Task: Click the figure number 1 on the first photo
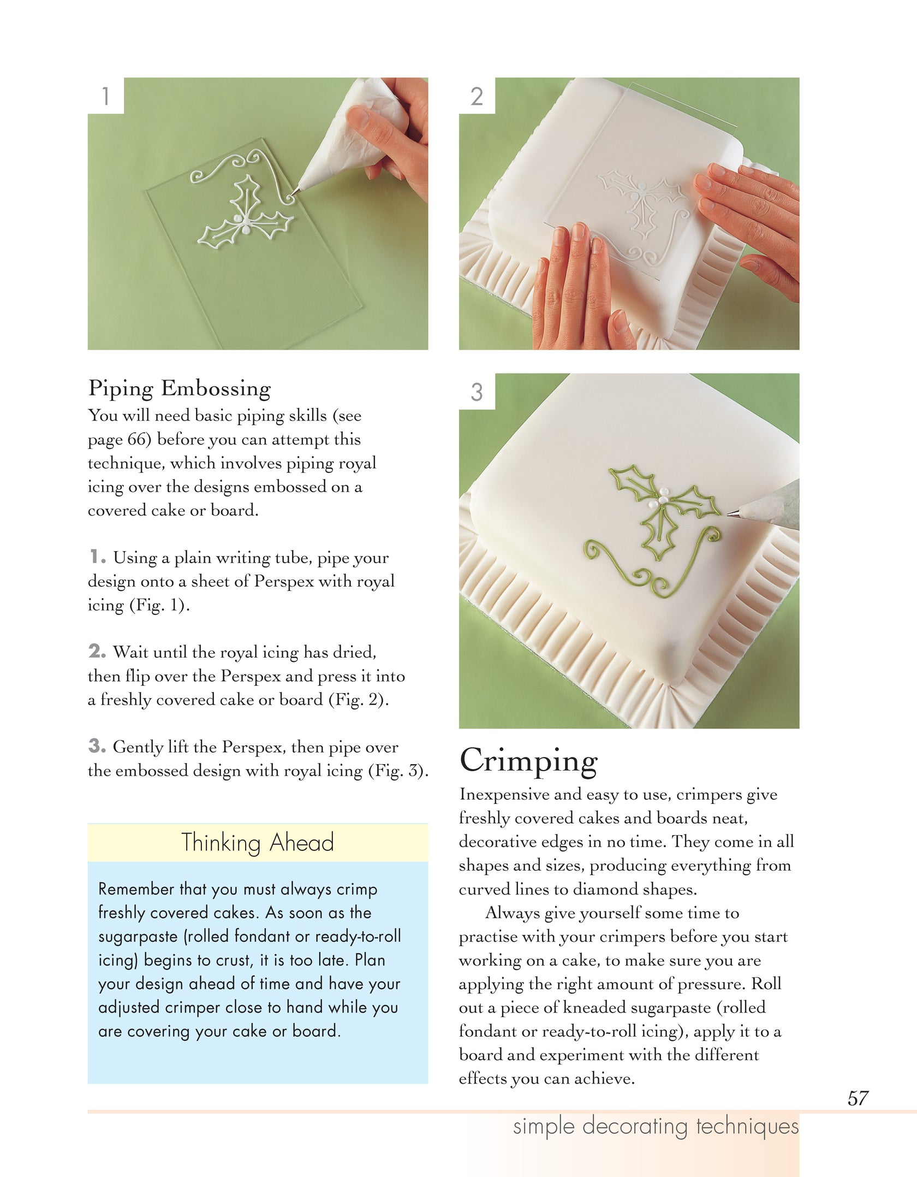click(106, 96)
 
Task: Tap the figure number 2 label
click(477, 97)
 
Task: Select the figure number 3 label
click(477, 392)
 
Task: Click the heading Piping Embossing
click(180, 388)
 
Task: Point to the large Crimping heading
click(528, 760)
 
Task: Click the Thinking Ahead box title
click(258, 842)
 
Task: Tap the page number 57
click(858, 1098)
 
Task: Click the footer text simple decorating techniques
click(656, 1127)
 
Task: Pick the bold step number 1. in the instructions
click(98, 557)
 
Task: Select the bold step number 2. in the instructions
click(97, 651)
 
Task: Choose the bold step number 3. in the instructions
click(97, 746)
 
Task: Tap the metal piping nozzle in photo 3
click(733, 513)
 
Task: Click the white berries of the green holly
click(663, 497)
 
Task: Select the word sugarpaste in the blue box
click(138, 936)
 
